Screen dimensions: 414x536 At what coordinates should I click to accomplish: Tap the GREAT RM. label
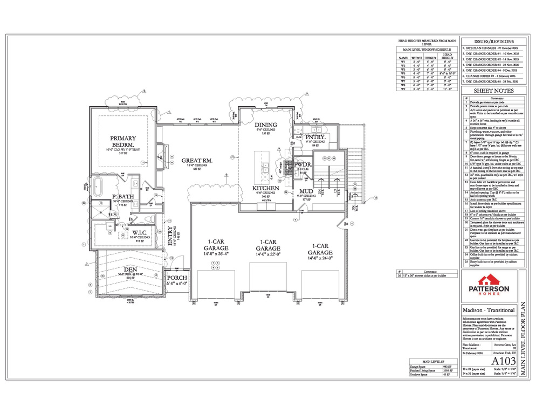[x=197, y=160]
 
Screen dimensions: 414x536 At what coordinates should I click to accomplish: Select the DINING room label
[x=265, y=125]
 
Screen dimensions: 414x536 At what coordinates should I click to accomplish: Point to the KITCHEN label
[x=265, y=188]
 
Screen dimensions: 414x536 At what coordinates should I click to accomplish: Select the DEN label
[x=130, y=270]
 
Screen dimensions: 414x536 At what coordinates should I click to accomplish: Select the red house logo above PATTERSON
[x=488, y=280]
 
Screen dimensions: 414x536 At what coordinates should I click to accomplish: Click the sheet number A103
[x=500, y=360]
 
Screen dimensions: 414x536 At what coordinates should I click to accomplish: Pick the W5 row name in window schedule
[x=403, y=73]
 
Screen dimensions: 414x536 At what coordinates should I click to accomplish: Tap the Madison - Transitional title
[x=489, y=310]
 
